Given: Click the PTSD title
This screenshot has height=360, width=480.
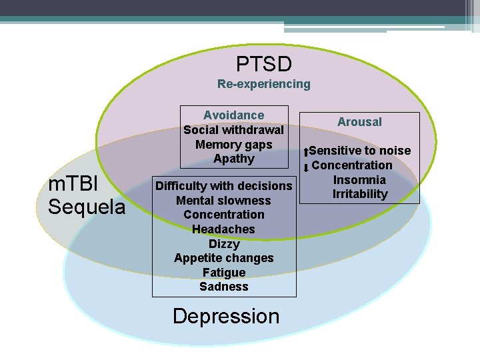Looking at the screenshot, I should (264, 64).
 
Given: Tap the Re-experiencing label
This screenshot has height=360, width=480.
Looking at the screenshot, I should (264, 84).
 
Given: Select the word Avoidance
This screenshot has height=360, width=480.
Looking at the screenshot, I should (233, 115).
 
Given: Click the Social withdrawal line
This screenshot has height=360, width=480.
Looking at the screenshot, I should (233, 130).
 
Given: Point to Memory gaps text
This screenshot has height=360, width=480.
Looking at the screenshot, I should (233, 144).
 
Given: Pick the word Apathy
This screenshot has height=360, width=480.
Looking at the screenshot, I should (233, 159).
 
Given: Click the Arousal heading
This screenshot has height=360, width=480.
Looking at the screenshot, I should (359, 122).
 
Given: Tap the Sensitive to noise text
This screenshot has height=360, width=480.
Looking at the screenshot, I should (360, 151).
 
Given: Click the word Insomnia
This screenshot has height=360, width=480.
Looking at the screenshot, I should (359, 180).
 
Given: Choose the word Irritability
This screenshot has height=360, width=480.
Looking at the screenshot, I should (360, 194).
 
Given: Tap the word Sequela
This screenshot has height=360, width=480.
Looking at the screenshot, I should (87, 207).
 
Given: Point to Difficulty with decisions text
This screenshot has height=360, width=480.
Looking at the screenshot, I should (224, 186).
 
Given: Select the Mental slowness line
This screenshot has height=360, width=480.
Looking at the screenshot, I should (224, 201).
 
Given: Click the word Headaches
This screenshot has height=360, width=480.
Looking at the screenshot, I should (224, 229).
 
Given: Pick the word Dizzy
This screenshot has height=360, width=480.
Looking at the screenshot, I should (224, 244).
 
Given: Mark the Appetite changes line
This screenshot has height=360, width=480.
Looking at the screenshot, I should (224, 258).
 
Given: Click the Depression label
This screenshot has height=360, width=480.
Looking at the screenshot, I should (226, 316).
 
